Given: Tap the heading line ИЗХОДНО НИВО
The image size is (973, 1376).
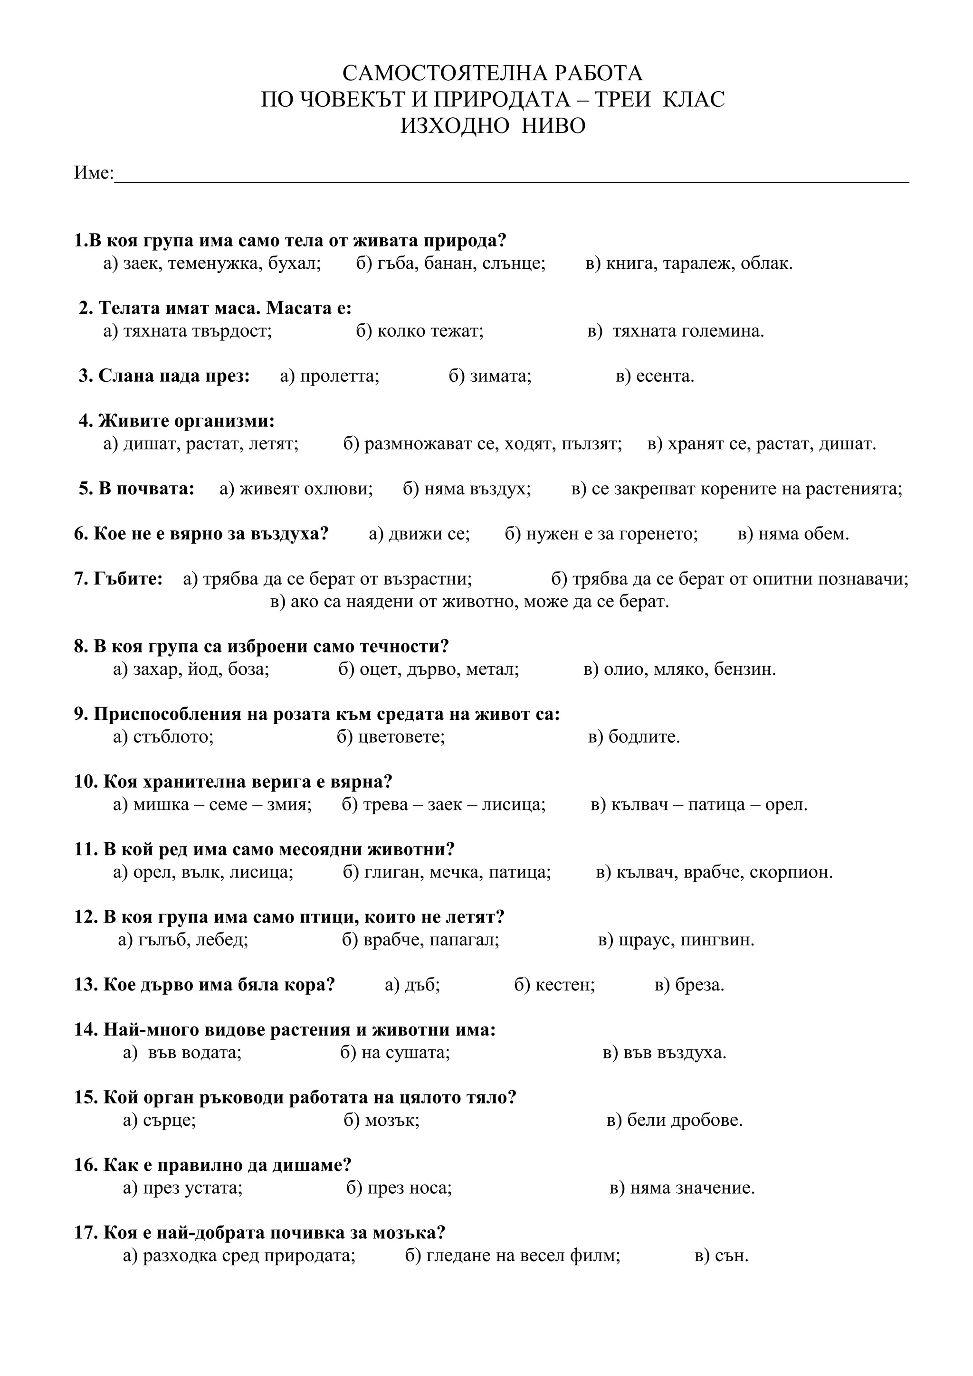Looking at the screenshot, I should (x=493, y=126).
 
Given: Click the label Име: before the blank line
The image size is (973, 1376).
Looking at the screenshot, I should (x=94, y=173).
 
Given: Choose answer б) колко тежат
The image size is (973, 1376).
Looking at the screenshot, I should (x=420, y=331).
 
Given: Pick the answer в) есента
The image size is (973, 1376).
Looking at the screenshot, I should (x=655, y=377).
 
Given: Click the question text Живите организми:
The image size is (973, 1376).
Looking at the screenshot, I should (x=177, y=421).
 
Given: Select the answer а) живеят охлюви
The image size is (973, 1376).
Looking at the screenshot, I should (x=296, y=489).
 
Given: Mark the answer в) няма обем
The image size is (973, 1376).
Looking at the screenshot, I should (x=793, y=533).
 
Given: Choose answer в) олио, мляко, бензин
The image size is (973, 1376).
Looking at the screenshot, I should (x=679, y=669).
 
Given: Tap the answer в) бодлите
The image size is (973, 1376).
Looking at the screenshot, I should (x=634, y=736).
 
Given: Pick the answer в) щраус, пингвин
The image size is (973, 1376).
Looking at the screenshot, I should (x=676, y=940).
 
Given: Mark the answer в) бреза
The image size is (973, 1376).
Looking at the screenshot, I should (x=689, y=985).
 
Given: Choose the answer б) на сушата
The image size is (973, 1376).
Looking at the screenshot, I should (x=395, y=1052).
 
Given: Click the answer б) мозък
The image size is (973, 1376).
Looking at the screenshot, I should (x=382, y=1120).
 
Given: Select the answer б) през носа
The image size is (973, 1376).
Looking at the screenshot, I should (x=399, y=1188).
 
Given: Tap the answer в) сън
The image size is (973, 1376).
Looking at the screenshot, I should (x=721, y=1255).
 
